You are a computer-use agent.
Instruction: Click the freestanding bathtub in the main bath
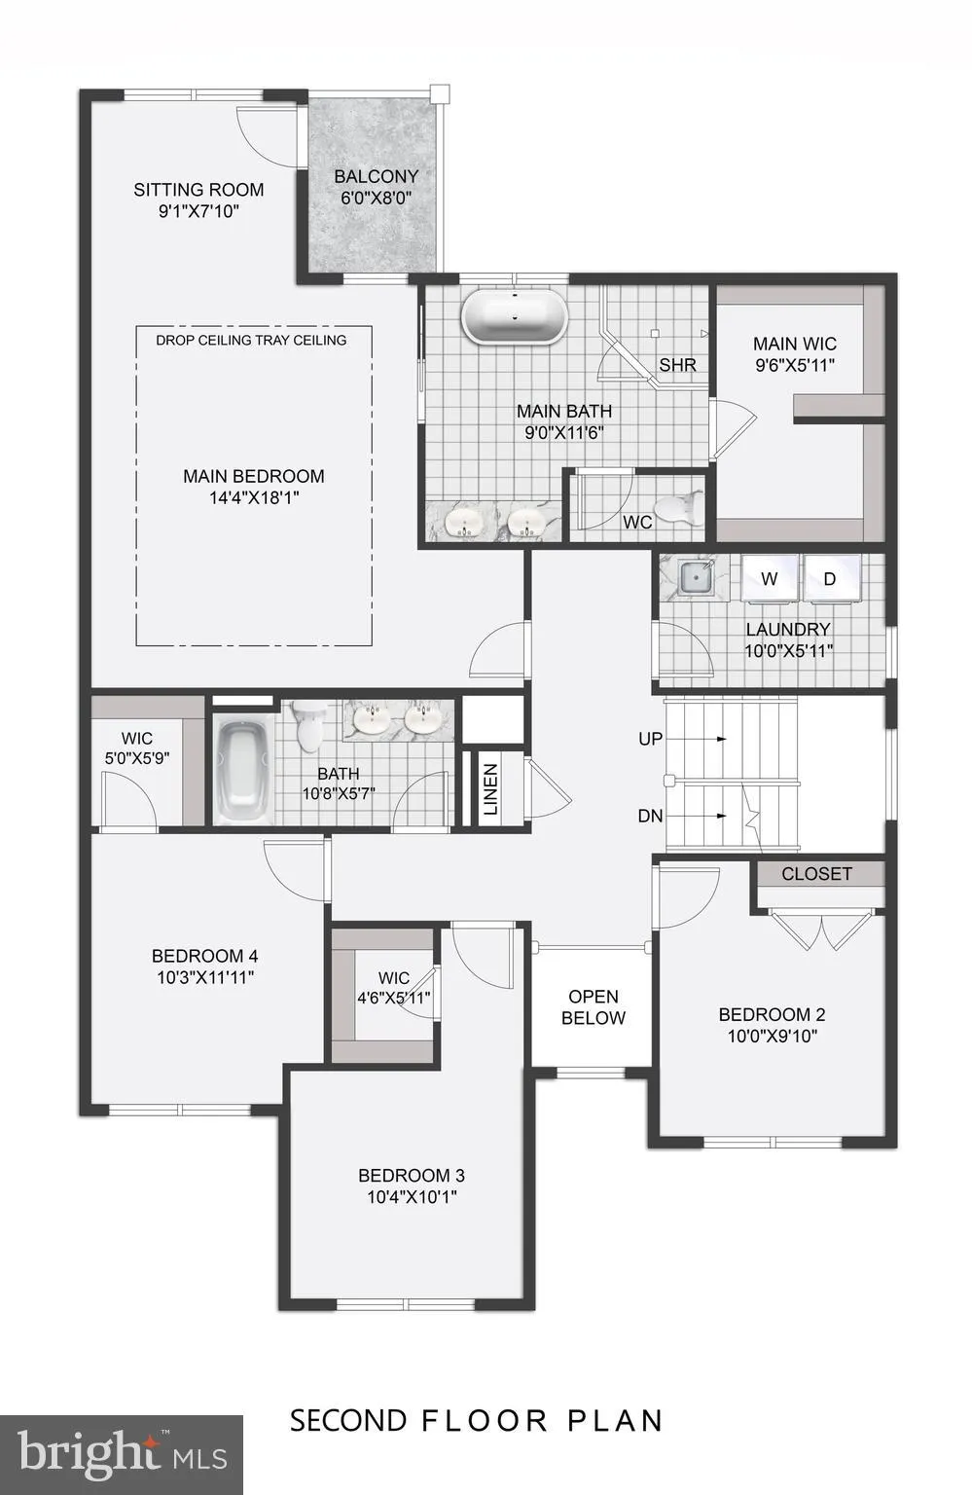(514, 316)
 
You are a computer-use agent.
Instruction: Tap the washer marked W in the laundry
(770, 579)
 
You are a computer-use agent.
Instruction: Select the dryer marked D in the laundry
(830, 579)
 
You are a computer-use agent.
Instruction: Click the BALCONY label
(376, 176)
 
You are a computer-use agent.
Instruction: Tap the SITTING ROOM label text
(198, 190)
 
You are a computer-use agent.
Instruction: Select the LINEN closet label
(490, 789)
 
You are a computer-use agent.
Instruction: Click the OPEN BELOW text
(593, 1007)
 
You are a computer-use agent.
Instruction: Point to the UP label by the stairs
(650, 739)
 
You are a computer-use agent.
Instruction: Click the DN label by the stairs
(650, 816)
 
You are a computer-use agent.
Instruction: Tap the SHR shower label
(677, 365)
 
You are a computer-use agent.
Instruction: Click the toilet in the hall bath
(309, 726)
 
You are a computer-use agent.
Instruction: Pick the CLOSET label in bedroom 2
(816, 874)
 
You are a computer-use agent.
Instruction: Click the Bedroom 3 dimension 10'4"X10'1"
(412, 1197)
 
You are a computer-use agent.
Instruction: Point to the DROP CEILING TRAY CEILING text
(251, 340)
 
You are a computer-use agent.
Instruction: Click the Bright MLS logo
(122, 1454)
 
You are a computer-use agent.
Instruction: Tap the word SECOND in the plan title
(347, 1420)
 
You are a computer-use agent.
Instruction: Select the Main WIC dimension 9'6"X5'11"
(795, 365)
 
